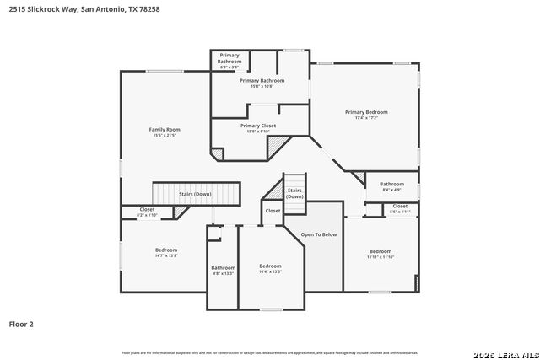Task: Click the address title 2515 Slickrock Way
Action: [x=84, y=9]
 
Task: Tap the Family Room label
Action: [x=165, y=129]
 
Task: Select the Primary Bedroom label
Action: [x=366, y=111]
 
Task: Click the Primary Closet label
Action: [x=257, y=126]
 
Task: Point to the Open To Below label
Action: [x=319, y=234]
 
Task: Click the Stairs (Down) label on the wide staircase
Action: [x=195, y=194]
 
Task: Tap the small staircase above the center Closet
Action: [x=294, y=187]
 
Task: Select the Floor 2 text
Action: [x=21, y=323]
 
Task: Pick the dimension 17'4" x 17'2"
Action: [x=366, y=118]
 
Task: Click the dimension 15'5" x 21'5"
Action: [x=165, y=135]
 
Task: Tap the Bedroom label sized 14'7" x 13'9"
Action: [x=166, y=250]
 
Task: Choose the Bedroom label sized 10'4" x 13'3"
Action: [x=270, y=266]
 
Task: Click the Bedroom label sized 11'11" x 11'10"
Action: [x=380, y=250]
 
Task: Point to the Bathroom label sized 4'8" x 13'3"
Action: [x=224, y=267]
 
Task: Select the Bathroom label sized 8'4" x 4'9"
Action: [x=391, y=184]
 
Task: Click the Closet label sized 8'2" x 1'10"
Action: [x=147, y=209]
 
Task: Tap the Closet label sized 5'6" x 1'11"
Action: [x=400, y=206]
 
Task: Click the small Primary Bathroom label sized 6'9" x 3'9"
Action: [x=229, y=58]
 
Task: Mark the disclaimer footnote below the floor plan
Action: [x=270, y=352]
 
